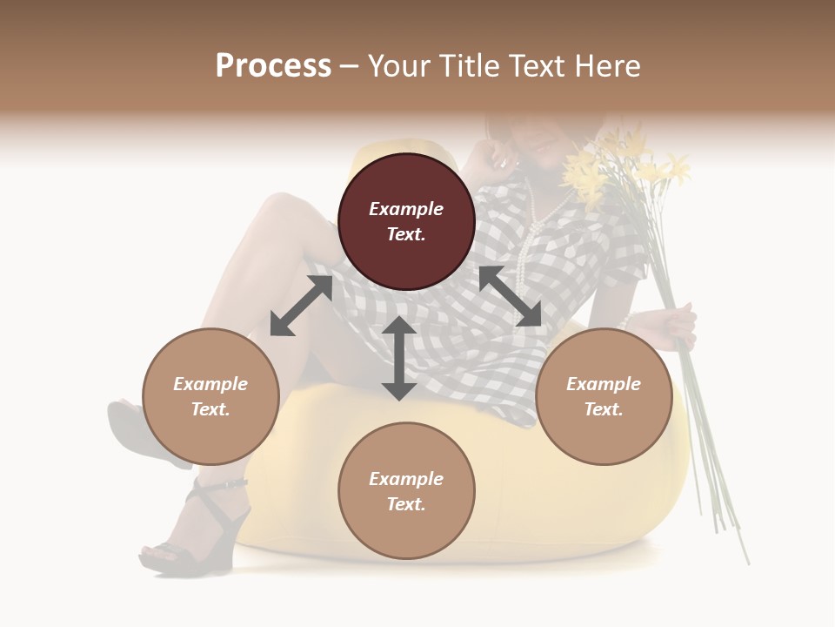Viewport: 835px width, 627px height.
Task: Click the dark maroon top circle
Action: [x=406, y=221]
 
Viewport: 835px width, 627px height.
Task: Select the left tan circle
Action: [x=210, y=396]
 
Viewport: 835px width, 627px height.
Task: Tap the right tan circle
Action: [x=604, y=396]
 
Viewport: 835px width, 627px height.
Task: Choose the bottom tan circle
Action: [x=406, y=491]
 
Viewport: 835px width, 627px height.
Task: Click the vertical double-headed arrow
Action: [x=399, y=358]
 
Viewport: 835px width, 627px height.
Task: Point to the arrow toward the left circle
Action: [x=301, y=306]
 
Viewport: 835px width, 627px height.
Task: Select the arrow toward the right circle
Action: [x=510, y=297]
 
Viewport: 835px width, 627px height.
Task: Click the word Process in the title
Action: [x=273, y=65]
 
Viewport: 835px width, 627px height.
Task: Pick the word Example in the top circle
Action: [x=406, y=209]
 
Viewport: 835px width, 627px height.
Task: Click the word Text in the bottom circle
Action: [x=405, y=504]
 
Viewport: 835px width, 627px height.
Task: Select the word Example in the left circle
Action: [x=210, y=384]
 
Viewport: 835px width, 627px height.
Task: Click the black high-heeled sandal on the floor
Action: [x=196, y=531]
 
